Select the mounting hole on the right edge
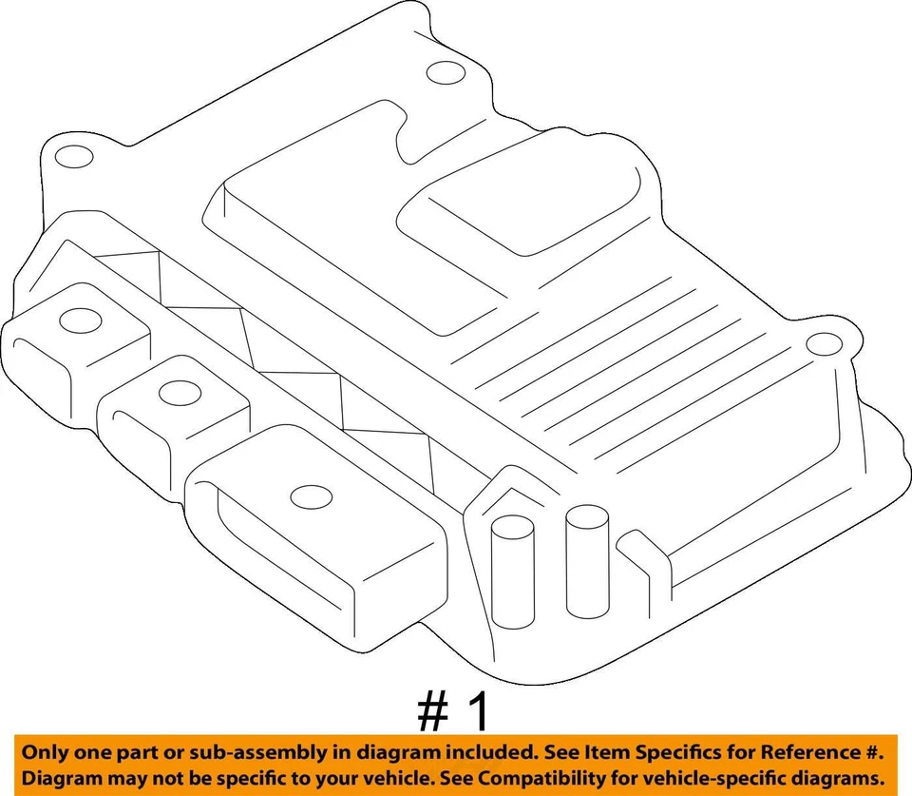click(x=819, y=344)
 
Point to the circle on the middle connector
click(x=175, y=391)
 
